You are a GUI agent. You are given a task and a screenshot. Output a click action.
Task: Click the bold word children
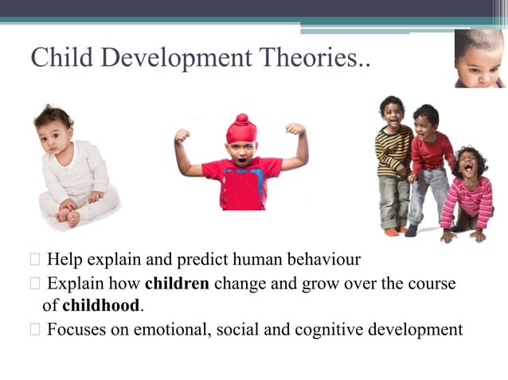177,285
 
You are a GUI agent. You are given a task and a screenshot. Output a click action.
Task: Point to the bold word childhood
104,305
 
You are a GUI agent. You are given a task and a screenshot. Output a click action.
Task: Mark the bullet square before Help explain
36,260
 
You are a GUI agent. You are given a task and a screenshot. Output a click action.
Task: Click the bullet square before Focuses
36,328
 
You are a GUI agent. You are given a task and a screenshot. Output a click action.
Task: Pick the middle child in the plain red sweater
428,163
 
